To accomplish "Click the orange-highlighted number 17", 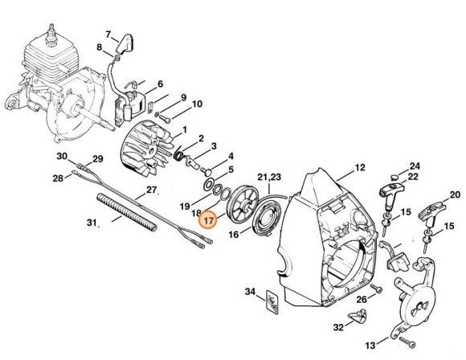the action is point(208,221).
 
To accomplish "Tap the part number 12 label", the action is point(360,168).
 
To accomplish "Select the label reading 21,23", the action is point(269,177).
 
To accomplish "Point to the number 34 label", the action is point(250,292).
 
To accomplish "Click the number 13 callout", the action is point(370,346).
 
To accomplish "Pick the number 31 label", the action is point(92,222).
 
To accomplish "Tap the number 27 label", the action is point(151,190).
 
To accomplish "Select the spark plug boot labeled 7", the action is point(125,44).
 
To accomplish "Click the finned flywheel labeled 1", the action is point(145,149).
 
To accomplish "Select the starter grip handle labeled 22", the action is point(391,195).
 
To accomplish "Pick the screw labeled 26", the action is point(377,288).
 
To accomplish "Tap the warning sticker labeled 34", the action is point(272,301).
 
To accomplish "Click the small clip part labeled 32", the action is point(357,315).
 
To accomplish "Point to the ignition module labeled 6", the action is point(130,105).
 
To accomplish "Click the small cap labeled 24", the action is point(394,177).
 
